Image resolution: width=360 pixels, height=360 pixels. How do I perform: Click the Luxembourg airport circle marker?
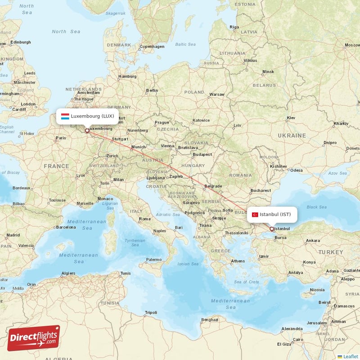click(87, 131)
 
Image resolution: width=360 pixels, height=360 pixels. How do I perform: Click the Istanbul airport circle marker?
click(271, 229)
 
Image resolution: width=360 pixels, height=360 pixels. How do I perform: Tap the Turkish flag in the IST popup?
click(255, 215)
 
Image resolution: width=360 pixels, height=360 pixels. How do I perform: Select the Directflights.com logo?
click(34, 338)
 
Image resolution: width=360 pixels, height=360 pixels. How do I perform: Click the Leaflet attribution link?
click(350, 356)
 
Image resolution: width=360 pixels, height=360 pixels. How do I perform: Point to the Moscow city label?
click(352, 45)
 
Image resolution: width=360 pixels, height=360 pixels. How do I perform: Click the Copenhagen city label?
click(152, 46)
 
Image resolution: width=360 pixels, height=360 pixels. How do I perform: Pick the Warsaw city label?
click(216, 94)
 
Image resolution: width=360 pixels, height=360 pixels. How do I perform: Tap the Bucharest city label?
click(261, 190)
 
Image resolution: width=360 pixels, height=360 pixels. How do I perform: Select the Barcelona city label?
click(66, 227)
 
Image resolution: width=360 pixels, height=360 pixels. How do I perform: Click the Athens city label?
click(238, 261)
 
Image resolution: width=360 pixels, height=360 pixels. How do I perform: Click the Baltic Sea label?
click(185, 45)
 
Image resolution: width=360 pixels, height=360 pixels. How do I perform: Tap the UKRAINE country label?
click(292, 135)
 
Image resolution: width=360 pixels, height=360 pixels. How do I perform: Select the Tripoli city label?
click(151, 312)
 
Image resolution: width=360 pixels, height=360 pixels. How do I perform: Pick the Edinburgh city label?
click(21, 42)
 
